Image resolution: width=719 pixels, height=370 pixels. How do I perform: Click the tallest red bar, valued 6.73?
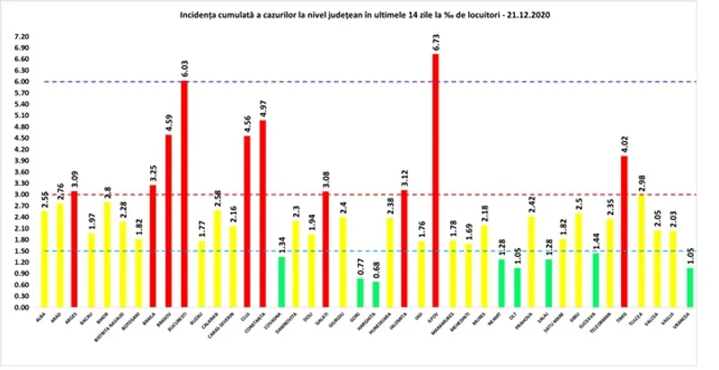tap(436, 180)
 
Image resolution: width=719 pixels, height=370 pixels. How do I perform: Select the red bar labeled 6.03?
tap(184, 193)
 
